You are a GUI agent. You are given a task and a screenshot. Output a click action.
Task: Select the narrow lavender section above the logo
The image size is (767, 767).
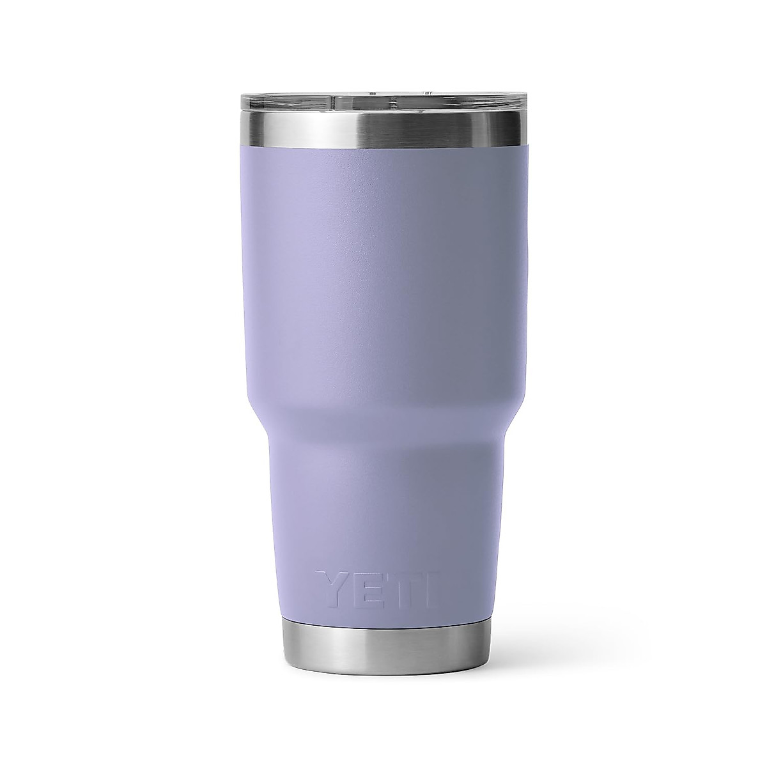[383, 511]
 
